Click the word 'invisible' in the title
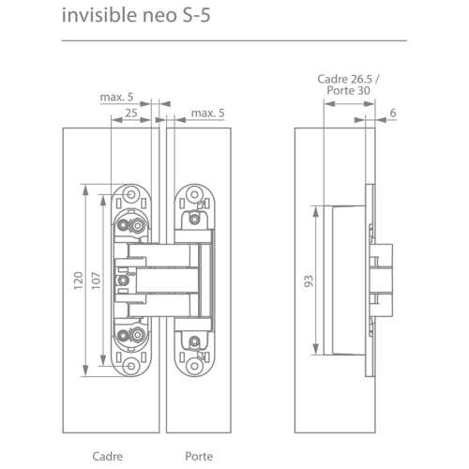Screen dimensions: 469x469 coord(93,16)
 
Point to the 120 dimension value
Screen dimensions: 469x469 coord(80,280)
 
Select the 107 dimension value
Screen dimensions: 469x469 coord(97,280)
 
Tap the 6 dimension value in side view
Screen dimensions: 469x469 coord(392,113)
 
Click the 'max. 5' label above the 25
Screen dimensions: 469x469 coord(118,97)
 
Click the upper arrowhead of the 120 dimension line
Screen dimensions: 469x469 coord(90,188)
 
